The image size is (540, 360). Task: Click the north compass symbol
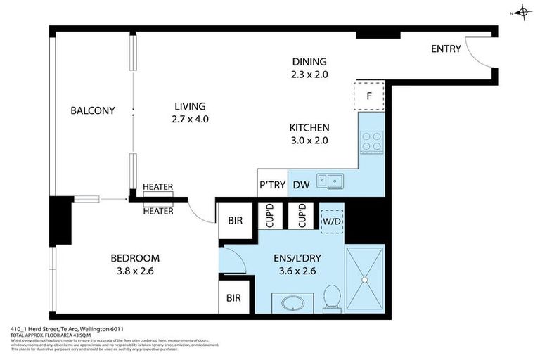tap(522, 11)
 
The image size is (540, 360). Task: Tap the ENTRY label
tap(446, 49)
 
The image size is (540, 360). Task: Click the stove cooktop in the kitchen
tap(371, 142)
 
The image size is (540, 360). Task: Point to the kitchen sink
tap(330, 181)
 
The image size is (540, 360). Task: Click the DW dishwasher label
tap(302, 184)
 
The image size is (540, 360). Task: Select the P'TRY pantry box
tap(272, 184)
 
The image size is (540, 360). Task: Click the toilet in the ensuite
tap(331, 300)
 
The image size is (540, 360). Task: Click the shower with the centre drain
tap(364, 278)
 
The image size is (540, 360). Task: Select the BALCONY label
tap(92, 110)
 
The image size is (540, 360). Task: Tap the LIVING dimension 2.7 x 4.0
tap(191, 119)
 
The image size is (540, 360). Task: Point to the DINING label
tap(309, 61)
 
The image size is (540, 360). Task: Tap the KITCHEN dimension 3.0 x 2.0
tap(309, 140)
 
